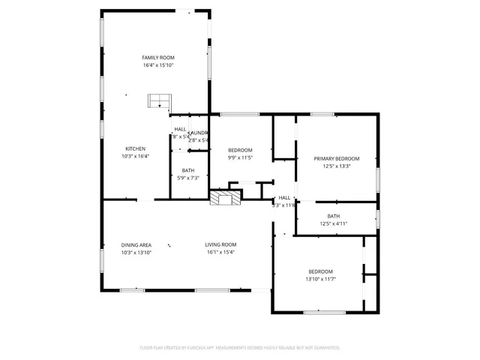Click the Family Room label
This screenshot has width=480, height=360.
(x=158, y=57)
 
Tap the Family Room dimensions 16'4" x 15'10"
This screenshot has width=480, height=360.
(x=158, y=65)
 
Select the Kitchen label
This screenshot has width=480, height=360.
(x=135, y=148)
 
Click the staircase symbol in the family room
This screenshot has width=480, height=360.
(x=160, y=100)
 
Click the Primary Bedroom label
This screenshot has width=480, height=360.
(x=336, y=158)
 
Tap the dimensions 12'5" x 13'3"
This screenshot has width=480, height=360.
(x=336, y=166)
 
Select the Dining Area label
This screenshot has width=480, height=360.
(x=136, y=244)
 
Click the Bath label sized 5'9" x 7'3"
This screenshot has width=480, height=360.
(x=187, y=170)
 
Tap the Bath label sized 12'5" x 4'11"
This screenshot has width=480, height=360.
(x=333, y=216)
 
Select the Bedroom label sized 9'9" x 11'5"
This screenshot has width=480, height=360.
(x=240, y=150)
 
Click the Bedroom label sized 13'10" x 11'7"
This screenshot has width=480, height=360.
(x=321, y=271)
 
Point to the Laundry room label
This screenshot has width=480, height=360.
(x=198, y=132)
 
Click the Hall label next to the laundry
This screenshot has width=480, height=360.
(x=180, y=129)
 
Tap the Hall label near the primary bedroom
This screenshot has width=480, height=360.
(x=284, y=197)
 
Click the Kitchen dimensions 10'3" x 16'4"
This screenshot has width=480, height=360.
(x=135, y=156)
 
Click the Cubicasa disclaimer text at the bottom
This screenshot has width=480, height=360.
(x=240, y=347)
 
